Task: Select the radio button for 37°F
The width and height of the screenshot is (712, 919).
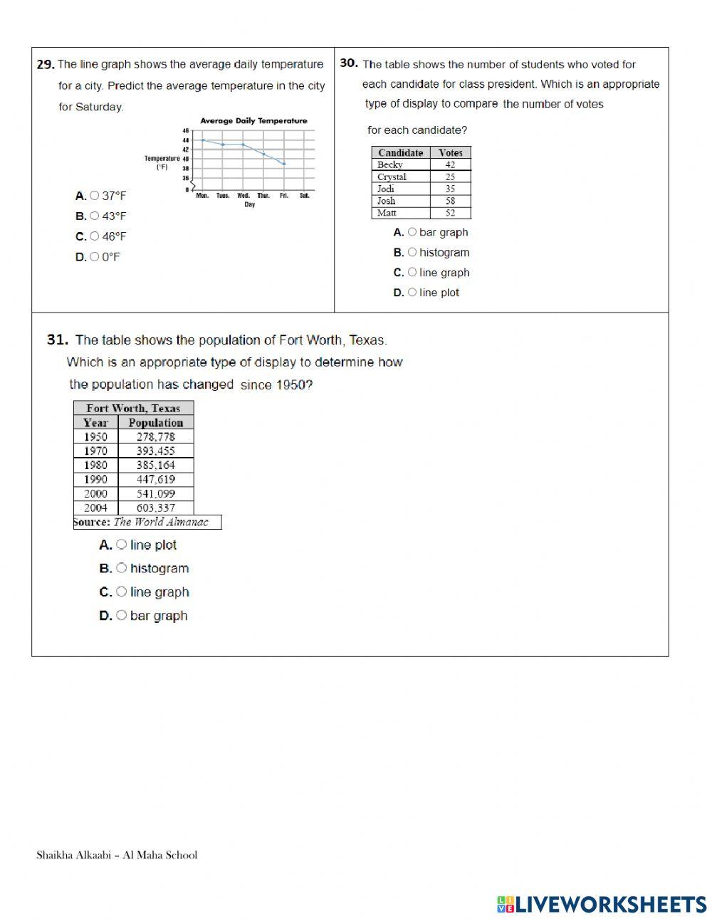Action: pos(95,196)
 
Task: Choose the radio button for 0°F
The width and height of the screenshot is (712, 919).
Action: pos(95,257)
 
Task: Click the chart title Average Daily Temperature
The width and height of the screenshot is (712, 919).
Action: pos(253,121)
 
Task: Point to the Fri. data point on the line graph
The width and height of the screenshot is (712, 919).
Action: pos(284,164)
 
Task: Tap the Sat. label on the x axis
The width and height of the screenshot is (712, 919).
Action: pos(304,196)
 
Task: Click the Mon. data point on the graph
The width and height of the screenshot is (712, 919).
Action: pos(203,140)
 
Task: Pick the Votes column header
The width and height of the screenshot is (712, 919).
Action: pos(450,152)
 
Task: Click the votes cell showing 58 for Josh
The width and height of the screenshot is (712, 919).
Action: pos(450,201)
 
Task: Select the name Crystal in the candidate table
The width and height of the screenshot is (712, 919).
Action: pos(392,177)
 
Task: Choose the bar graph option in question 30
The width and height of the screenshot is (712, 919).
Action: pos(412,232)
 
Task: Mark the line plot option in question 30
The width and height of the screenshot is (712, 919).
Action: pos(412,293)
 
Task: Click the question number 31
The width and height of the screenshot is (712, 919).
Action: pos(57,340)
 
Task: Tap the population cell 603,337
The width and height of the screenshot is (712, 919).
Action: pos(155,508)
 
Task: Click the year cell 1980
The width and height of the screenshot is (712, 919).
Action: pos(95,465)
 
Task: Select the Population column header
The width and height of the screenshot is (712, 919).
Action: pos(155,422)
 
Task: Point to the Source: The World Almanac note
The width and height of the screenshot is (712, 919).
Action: pos(147,522)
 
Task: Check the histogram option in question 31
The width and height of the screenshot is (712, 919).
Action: pos(122,568)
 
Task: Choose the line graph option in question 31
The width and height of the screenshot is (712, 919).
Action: pos(122,592)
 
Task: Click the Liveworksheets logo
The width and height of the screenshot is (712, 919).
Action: pos(601,904)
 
